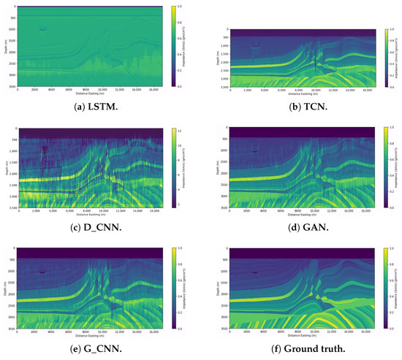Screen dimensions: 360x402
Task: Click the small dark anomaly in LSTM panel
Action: pyautogui.click(x=42, y=30)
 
